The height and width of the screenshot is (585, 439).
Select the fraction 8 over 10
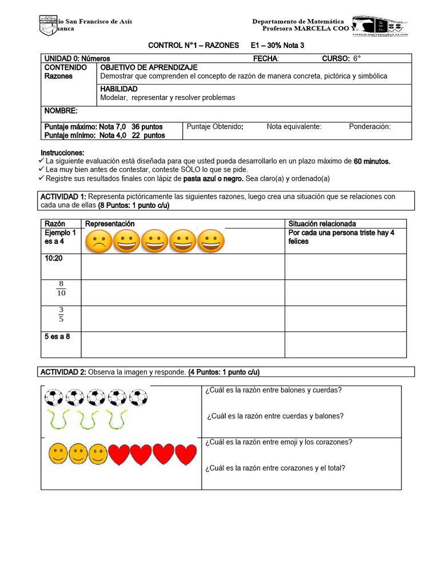click(x=61, y=289)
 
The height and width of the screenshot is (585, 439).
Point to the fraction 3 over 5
click(x=61, y=315)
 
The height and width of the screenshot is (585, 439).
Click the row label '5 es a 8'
click(x=57, y=336)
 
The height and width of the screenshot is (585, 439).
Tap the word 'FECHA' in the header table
click(x=265, y=58)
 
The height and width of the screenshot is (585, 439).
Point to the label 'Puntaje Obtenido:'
click(x=215, y=127)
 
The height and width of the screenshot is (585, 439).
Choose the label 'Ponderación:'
click(x=370, y=127)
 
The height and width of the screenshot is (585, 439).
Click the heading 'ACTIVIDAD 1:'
click(x=63, y=197)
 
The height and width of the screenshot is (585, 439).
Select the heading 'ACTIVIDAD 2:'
click(x=63, y=372)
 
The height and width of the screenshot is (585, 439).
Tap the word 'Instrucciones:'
click(x=62, y=153)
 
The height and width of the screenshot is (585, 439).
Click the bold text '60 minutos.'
click(x=372, y=162)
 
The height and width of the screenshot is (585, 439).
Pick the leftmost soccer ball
click(x=54, y=397)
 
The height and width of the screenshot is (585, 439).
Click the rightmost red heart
click(x=185, y=454)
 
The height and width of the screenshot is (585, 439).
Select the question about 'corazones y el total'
click(x=274, y=468)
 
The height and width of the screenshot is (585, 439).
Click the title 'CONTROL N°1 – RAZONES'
click(x=194, y=45)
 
